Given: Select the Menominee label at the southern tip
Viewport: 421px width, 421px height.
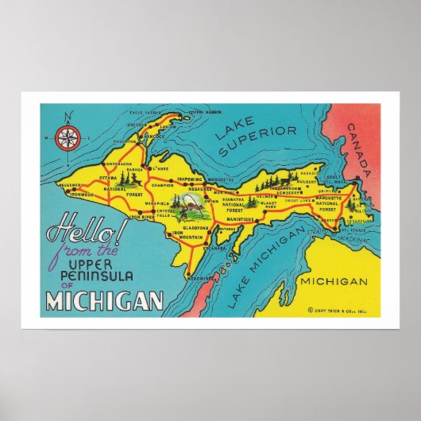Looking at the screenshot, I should tap(199, 278).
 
